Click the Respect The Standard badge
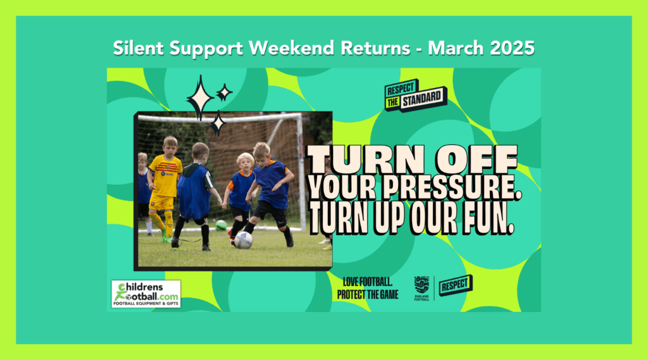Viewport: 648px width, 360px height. point(415,96)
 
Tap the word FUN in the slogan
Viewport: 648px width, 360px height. point(489,219)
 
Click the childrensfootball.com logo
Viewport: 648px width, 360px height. point(146,294)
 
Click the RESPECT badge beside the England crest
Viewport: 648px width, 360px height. point(456,285)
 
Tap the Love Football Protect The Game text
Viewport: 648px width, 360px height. point(368,289)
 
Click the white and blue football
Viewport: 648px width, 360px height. point(244,240)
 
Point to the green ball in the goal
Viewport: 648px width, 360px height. point(221,225)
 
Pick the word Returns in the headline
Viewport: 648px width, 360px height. point(375,48)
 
